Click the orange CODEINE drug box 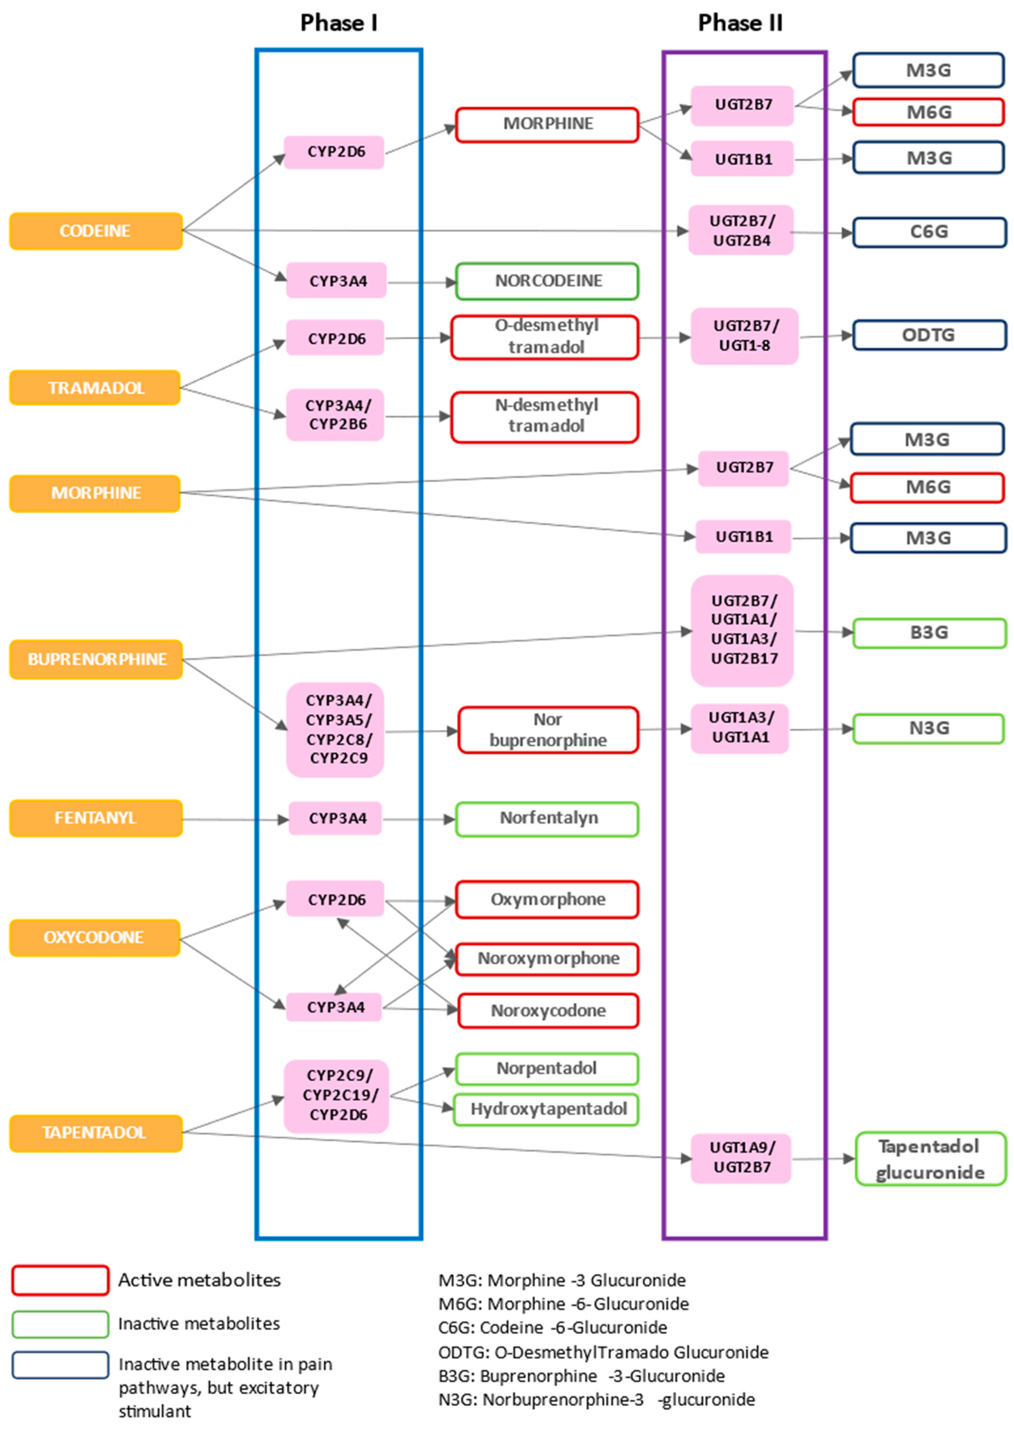(95, 231)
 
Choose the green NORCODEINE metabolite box (547, 281)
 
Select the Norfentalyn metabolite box (547, 819)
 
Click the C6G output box (929, 232)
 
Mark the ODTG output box (929, 335)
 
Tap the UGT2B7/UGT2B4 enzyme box (741, 231)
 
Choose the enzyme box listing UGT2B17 (742, 630)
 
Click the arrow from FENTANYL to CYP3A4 (235, 819)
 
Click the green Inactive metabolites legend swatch (60, 1324)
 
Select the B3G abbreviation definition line (581, 1376)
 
